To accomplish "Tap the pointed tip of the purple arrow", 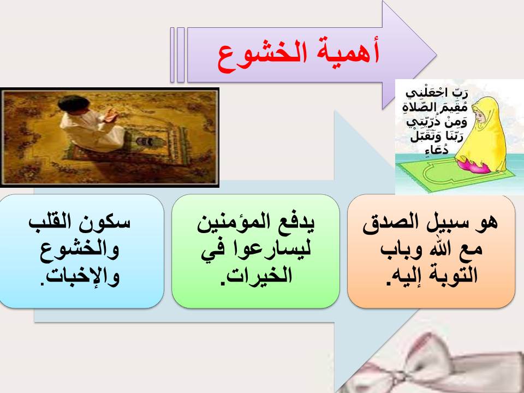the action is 436,55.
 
